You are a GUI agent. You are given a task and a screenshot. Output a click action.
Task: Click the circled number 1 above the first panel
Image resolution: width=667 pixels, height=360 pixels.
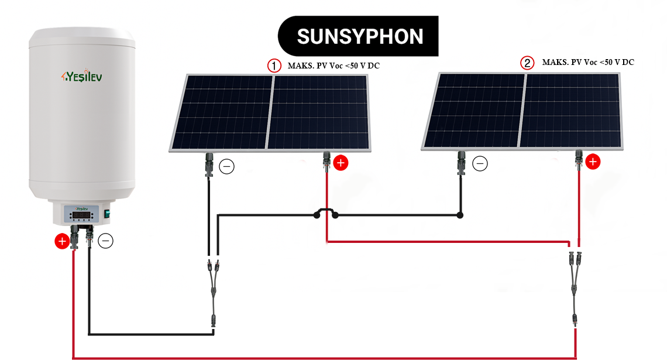coord(274,66)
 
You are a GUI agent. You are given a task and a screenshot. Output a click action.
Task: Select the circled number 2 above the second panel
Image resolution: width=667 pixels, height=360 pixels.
coord(528,63)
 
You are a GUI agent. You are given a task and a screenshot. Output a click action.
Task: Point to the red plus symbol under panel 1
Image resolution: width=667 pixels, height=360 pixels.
coord(341,163)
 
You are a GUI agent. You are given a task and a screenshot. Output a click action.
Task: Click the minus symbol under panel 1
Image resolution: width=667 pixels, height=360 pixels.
coord(226,167)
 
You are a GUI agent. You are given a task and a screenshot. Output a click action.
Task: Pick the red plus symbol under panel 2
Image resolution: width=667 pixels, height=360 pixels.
coord(593,162)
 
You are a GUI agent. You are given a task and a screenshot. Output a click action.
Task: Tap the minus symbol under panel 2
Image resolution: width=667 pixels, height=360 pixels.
coord(480,164)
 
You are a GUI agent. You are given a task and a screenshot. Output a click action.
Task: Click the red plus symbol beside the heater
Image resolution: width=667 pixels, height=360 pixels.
coord(61,241)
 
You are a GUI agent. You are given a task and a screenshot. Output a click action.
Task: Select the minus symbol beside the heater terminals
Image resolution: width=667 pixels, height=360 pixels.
coord(105,240)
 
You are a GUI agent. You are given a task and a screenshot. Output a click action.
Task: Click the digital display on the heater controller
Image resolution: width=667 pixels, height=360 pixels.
coord(81,215)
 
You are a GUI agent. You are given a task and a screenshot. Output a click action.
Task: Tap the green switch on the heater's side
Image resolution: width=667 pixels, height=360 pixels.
coord(107,215)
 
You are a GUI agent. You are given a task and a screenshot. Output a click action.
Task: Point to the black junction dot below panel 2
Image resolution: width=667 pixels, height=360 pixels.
coord(460,215)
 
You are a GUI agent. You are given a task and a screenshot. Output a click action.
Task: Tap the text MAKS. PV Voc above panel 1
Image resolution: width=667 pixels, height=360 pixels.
coord(333,66)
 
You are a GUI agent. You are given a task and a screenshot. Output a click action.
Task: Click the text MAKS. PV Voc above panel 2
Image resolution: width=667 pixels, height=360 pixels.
coord(587,62)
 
